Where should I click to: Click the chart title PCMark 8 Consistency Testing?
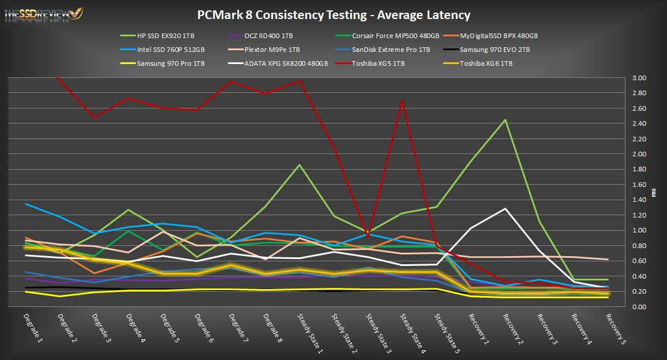click(333, 15)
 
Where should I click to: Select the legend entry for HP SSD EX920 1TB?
click(166, 36)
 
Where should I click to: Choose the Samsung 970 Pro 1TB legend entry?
click(171, 63)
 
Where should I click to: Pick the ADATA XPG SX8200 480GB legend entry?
click(286, 63)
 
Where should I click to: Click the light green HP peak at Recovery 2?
click(505, 120)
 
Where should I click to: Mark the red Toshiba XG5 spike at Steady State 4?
click(402, 102)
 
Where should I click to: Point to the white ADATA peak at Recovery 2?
click(505, 209)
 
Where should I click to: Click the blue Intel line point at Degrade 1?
click(27, 204)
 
